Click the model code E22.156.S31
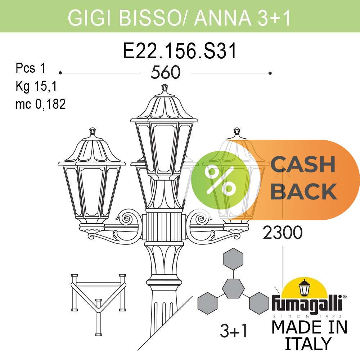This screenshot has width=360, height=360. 180,51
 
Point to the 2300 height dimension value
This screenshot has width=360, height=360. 282,232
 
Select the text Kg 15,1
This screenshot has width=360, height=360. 36,86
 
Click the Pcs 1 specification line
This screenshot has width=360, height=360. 31,68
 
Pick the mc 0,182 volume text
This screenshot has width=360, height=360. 41,104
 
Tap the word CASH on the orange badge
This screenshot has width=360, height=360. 303,164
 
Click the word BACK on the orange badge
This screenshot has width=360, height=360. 304,191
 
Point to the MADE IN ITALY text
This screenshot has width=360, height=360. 309,335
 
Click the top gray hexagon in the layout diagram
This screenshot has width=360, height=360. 233,259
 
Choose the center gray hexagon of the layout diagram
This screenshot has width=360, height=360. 233,288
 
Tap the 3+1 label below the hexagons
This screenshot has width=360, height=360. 234,331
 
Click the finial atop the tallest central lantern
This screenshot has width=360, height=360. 165,88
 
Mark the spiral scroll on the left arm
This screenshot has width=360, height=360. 126,219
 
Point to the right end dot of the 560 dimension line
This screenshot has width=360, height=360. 270,73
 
